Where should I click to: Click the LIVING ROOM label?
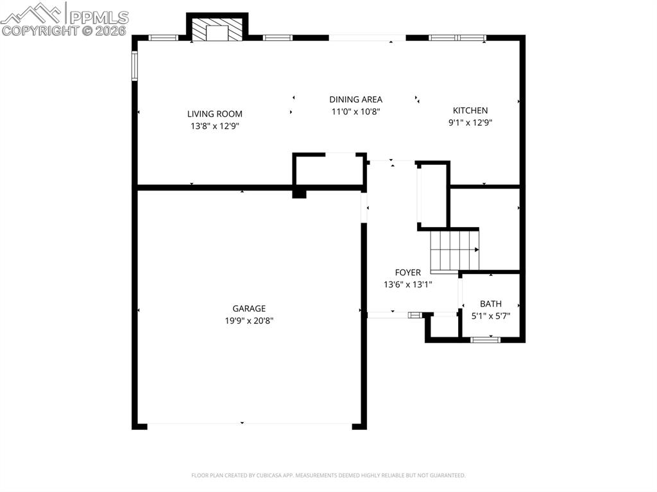click(214, 114)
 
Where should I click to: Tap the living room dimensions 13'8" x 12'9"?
click(214, 126)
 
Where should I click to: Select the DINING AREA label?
click(355, 99)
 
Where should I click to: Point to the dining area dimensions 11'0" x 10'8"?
click(355, 111)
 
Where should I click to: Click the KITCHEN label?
click(470, 110)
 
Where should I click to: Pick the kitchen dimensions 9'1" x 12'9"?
click(470, 122)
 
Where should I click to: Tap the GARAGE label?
click(249, 309)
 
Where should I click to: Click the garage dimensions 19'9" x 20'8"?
click(249, 321)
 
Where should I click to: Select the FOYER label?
click(407, 273)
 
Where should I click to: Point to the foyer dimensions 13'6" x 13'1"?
click(407, 284)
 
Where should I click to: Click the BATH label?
click(491, 304)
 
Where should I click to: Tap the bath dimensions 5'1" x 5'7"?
click(491, 316)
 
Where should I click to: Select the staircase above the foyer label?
click(455, 250)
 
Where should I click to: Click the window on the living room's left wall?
click(135, 65)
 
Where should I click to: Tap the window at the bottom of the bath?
click(485, 339)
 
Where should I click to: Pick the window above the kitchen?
click(457, 38)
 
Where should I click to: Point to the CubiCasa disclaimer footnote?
click(328, 475)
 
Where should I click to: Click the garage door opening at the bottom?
click(250, 425)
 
